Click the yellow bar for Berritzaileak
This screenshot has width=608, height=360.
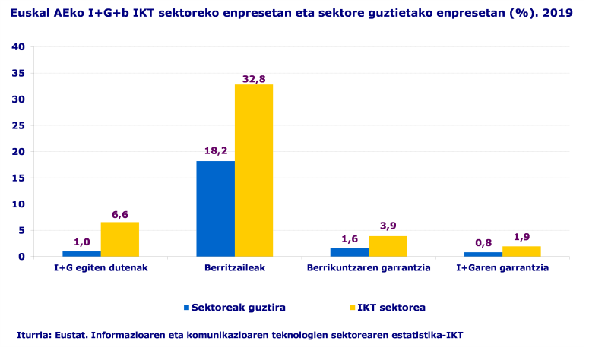[253, 170]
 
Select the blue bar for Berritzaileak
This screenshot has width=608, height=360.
[215, 208]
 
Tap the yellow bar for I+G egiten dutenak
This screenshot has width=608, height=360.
[120, 238]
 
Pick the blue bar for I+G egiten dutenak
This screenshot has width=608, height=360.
[81, 254]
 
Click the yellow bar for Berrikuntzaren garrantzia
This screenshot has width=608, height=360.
[388, 246]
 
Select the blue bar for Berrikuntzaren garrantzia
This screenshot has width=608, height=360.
[349, 252]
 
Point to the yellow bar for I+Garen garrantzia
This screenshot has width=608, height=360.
[521, 251]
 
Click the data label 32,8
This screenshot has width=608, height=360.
[253, 77]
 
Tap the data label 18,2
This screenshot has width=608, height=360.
[215, 151]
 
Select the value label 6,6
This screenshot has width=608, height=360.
[120, 215]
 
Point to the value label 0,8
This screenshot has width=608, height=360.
[483, 242]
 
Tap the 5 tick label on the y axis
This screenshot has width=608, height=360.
[23, 230]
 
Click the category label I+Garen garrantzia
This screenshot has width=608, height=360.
[502, 268]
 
